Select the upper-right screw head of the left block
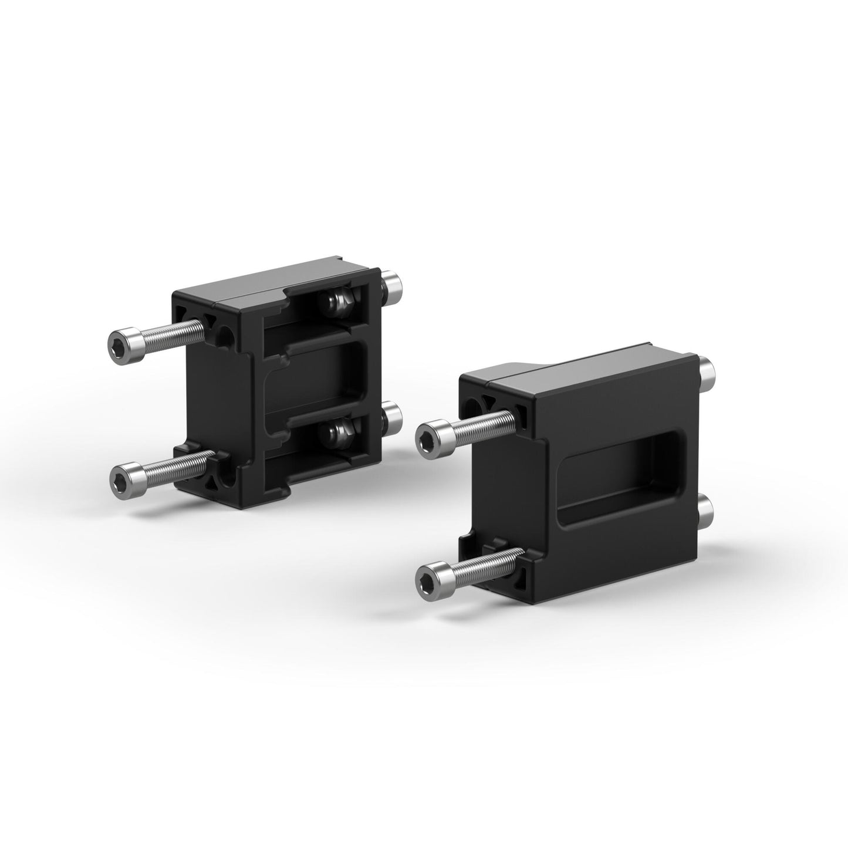click(x=392, y=286)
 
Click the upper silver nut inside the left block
click(x=335, y=301)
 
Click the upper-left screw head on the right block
click(x=431, y=437)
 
